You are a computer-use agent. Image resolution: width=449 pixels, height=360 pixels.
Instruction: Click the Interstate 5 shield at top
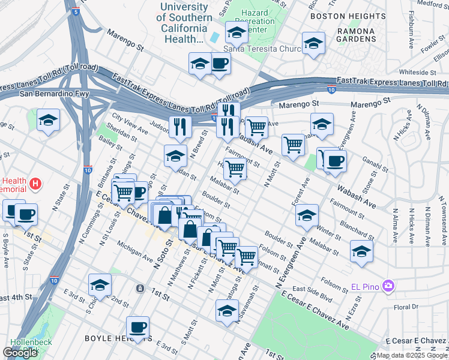tap(74, 11)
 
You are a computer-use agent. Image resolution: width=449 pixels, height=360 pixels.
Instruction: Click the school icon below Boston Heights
tap(313, 44)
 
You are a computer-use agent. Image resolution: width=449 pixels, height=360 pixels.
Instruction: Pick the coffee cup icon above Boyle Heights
tap(137, 327)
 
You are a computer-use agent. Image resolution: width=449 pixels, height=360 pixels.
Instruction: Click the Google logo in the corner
tap(20, 353)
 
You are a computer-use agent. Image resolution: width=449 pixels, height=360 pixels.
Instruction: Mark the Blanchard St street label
tap(357, 227)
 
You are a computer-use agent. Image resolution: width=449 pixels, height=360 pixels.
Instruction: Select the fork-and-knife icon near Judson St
tap(179, 126)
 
